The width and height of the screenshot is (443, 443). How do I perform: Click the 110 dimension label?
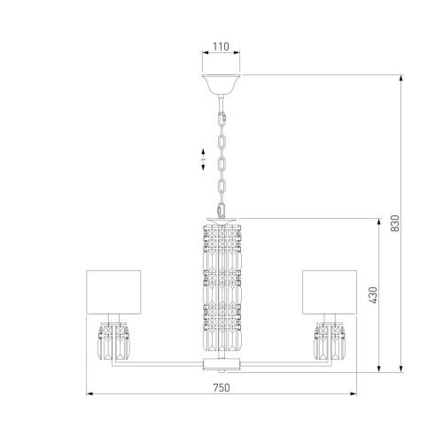221,47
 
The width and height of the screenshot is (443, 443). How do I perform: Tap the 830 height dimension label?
395,223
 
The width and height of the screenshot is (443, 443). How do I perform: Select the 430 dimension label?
373,295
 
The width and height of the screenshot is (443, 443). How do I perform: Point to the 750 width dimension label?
221,387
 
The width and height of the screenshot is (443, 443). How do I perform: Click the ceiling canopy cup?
221,84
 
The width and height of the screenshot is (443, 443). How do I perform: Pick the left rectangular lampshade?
113,291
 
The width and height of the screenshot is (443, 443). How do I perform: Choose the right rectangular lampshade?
330,291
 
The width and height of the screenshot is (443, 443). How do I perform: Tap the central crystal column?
222,288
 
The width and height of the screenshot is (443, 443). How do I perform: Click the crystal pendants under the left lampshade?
113,341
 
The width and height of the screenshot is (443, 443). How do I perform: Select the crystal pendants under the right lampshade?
330,341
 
